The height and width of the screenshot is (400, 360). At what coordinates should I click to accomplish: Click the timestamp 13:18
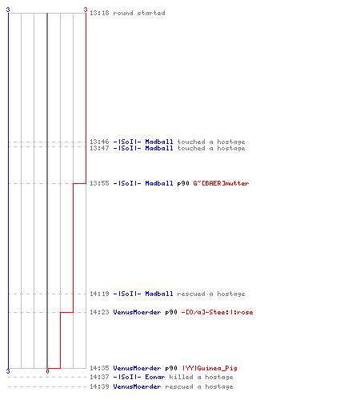99,13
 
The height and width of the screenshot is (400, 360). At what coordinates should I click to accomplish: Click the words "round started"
139,13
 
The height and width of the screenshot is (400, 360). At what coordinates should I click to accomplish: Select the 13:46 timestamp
99,142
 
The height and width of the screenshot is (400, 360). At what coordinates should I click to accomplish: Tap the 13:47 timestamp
99,148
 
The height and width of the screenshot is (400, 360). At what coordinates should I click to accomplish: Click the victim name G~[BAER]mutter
221,183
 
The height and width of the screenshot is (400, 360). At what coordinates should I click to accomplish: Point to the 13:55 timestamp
99,183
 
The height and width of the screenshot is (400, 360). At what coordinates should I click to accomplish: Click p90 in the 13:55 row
183,183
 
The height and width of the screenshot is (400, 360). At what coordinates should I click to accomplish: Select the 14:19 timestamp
99,294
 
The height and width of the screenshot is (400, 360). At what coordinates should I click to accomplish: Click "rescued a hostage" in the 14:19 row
211,294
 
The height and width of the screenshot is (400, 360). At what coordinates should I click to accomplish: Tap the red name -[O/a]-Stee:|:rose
217,312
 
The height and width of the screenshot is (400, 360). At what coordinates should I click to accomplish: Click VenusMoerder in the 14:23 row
137,312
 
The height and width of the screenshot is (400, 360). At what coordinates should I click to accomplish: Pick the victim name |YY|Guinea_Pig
210,368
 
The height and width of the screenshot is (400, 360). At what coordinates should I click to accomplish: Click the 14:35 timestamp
99,368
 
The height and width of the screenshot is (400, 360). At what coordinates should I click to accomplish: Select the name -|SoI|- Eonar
139,377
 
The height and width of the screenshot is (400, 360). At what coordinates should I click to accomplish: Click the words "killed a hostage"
201,377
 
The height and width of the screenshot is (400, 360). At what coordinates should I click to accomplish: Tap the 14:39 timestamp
99,386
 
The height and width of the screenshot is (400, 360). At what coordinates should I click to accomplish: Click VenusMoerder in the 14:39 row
137,386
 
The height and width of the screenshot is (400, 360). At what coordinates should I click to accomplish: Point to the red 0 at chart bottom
47,371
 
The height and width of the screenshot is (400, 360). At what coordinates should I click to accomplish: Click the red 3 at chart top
86,10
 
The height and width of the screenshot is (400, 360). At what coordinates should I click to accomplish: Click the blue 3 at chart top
8,10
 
